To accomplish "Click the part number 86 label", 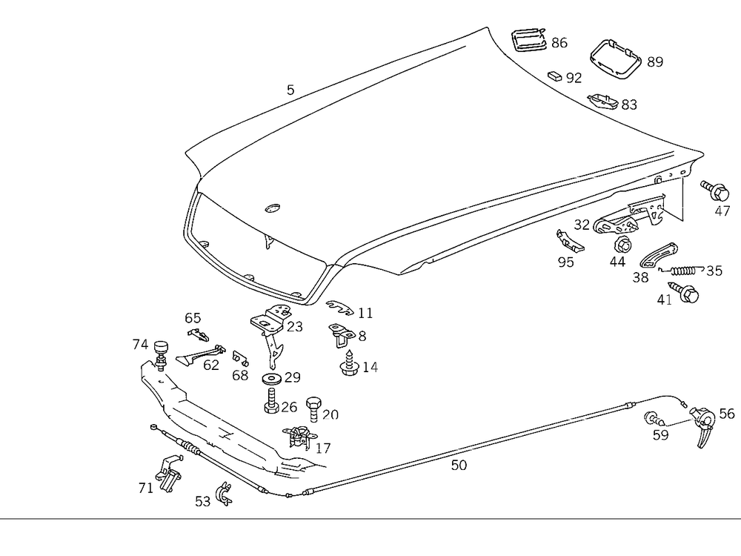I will pyautogui.click(x=559, y=43).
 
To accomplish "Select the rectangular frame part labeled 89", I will pyautogui.click(x=614, y=58).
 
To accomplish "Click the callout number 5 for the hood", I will pyautogui.click(x=290, y=90).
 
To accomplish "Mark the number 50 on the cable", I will pyautogui.click(x=459, y=465).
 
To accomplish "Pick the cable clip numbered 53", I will pyautogui.click(x=222, y=494).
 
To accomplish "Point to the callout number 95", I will pyautogui.click(x=566, y=262).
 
